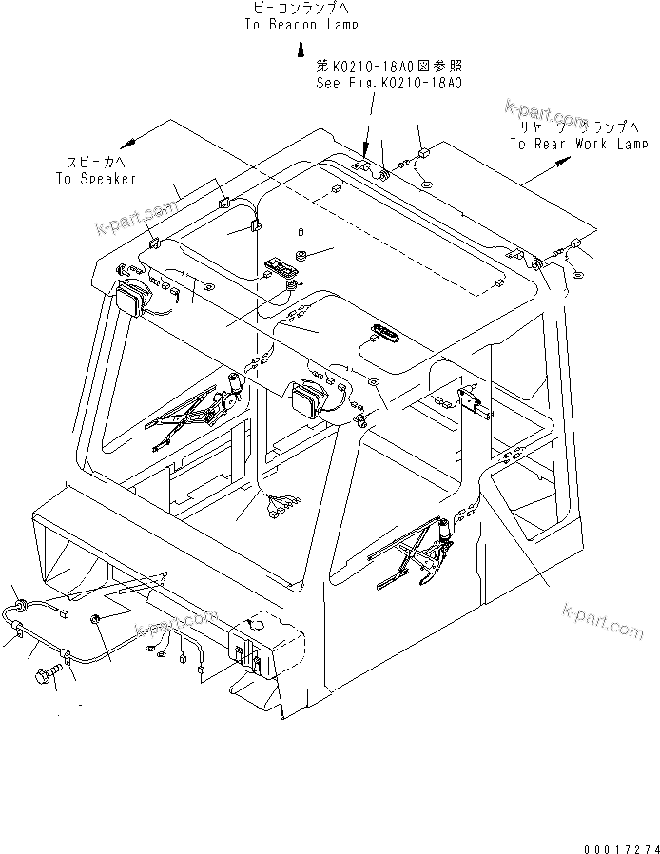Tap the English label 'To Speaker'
(x=95, y=178)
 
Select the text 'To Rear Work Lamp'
(x=578, y=144)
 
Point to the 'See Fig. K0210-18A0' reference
(x=388, y=84)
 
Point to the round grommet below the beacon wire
(x=300, y=256)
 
